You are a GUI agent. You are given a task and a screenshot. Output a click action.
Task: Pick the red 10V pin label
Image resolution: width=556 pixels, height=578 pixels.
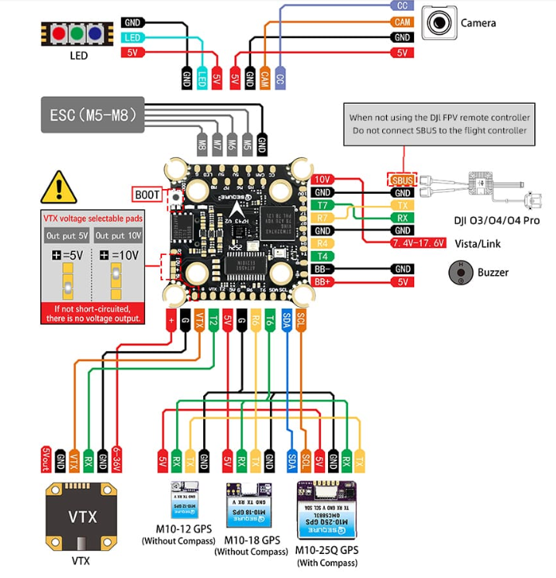click(323, 180)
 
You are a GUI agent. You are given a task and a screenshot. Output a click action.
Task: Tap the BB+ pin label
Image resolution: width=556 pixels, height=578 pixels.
click(323, 281)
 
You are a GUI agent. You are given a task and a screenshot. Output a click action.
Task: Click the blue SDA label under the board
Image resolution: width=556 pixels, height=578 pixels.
click(286, 319)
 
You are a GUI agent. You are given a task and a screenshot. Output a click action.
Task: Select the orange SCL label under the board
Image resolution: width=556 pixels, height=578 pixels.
click(301, 319)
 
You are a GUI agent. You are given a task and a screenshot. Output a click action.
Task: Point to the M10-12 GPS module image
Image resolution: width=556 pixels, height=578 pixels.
click(185, 498)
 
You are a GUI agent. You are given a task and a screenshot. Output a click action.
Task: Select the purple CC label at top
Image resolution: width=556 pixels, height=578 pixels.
click(401, 5)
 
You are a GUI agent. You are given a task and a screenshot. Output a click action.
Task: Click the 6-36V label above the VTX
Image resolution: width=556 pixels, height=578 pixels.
click(117, 459)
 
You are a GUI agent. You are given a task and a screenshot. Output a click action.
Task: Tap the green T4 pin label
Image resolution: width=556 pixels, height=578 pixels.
click(323, 256)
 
